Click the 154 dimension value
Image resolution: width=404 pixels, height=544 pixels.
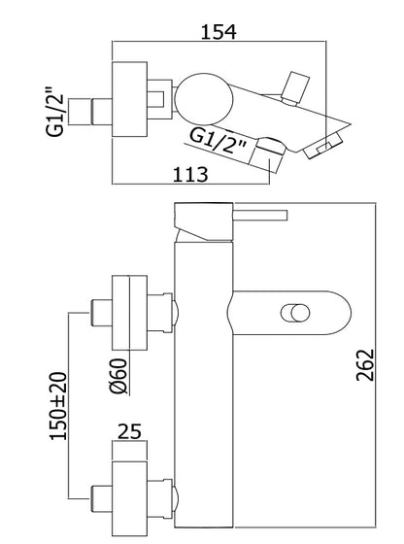pyautogui.click(x=219, y=31)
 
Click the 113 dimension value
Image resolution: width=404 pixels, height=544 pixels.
pyautogui.click(x=190, y=174)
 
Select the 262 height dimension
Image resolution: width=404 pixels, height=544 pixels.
pyautogui.click(x=365, y=365)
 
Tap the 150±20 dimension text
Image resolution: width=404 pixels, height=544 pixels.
pyautogui.click(x=58, y=406)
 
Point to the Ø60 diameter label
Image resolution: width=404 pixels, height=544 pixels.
pyautogui.click(x=118, y=377)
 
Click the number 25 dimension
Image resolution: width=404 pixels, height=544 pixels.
pyautogui.click(x=130, y=431)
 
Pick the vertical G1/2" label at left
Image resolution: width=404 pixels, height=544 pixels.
pyautogui.click(x=55, y=111)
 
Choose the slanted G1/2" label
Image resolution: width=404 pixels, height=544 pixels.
pyautogui.click(x=219, y=141)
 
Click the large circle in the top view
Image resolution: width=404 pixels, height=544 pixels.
pyautogui.click(x=204, y=99)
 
